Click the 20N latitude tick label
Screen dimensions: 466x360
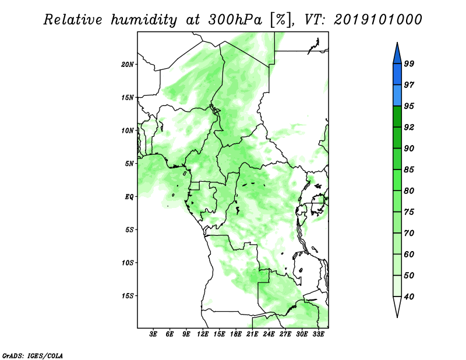(x=128, y=65)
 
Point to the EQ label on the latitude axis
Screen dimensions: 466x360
(x=129, y=197)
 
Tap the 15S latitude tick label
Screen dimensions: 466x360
(x=128, y=296)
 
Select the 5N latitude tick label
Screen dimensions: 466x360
(x=129, y=164)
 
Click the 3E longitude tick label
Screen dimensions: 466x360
(x=153, y=334)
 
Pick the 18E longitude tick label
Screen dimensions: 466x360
(x=236, y=334)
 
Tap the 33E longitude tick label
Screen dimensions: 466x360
(x=318, y=334)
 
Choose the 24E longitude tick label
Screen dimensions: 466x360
(x=269, y=334)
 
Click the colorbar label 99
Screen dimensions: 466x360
(x=409, y=63)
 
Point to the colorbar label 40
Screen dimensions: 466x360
(x=409, y=297)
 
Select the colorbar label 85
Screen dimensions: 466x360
(x=409, y=170)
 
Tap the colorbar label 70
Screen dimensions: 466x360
(x=409, y=233)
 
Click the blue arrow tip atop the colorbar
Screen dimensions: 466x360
(x=397, y=43)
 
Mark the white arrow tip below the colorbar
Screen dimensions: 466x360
(x=397, y=317)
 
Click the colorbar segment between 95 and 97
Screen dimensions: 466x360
(x=397, y=96)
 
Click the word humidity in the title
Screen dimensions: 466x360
(x=144, y=20)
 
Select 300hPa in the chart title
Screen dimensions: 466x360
(x=235, y=20)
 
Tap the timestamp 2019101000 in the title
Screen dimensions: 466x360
(x=377, y=20)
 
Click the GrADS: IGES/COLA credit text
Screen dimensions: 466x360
(x=33, y=355)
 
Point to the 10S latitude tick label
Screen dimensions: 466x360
(x=128, y=263)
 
